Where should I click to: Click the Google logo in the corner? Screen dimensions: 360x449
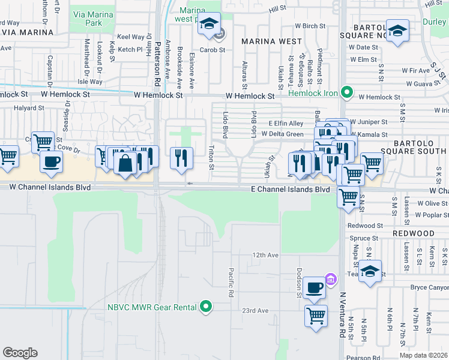[x=20, y=353]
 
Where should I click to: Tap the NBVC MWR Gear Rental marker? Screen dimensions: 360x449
[x=206, y=307]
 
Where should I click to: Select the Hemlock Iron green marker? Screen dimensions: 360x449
[x=346, y=92]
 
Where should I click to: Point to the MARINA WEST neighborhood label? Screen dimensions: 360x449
[x=271, y=41]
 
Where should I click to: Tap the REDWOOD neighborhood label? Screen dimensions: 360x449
[x=414, y=233]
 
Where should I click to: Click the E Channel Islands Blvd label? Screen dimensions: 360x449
[x=291, y=189]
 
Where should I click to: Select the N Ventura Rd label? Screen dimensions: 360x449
[x=343, y=315]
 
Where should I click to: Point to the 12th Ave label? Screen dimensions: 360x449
[x=265, y=255]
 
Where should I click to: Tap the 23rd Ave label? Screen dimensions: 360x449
[x=255, y=311]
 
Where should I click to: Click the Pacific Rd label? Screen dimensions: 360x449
[x=230, y=283]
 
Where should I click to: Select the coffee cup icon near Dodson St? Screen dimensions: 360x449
[x=314, y=288]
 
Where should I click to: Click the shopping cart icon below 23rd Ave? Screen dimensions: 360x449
[x=316, y=315]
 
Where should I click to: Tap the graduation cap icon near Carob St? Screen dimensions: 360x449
[x=209, y=24]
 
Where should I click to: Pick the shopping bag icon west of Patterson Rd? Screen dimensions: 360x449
[x=125, y=163]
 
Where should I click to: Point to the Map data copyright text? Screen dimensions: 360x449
[x=424, y=355]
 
